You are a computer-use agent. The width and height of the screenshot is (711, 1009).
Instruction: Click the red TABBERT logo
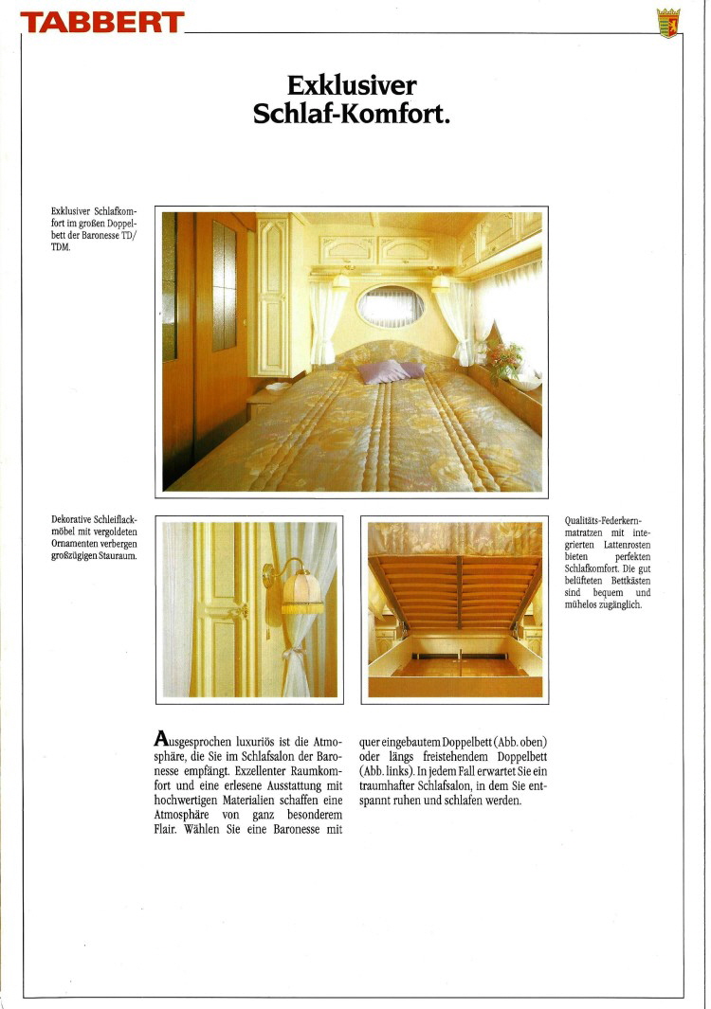click(x=101, y=22)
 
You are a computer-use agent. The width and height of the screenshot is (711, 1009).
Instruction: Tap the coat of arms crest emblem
click(x=668, y=22)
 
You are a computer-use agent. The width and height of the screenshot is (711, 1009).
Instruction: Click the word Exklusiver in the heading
click(x=352, y=86)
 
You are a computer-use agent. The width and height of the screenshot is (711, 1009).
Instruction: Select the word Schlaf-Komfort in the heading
click(x=352, y=114)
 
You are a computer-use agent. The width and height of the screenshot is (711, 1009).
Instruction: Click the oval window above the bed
click(x=391, y=305)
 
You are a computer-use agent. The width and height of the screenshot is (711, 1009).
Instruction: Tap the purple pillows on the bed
click(x=390, y=370)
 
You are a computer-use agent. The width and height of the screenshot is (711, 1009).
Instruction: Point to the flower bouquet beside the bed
click(x=504, y=359)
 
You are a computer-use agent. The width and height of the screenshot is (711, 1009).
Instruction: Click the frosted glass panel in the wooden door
click(x=225, y=285)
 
